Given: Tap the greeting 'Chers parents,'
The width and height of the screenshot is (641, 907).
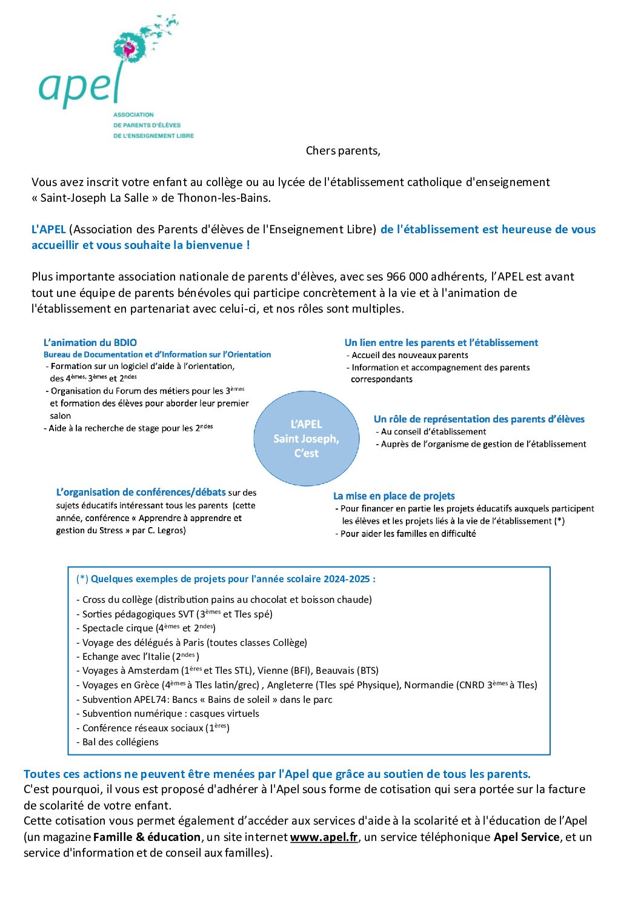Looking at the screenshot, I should [343, 151].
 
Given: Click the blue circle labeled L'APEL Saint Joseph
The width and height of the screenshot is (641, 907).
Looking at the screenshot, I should [306, 439].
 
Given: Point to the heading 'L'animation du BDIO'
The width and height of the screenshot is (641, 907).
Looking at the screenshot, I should [90, 343].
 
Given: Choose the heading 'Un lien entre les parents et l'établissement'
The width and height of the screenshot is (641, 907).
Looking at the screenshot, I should [441, 343].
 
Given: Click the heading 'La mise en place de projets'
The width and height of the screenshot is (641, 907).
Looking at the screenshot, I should [394, 496].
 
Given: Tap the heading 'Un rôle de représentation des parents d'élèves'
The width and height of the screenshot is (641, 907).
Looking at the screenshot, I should [479, 419].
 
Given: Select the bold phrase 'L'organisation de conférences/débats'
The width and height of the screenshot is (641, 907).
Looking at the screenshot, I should [141, 493].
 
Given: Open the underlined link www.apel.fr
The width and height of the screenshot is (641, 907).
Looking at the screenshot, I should [324, 837].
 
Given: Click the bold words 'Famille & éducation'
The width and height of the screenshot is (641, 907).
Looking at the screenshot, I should [147, 837].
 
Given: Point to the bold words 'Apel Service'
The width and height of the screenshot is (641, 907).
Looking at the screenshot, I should [526, 837].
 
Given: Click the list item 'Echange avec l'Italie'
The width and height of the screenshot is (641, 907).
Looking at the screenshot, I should [127, 657].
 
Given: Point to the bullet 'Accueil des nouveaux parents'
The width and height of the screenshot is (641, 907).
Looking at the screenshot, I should [410, 356].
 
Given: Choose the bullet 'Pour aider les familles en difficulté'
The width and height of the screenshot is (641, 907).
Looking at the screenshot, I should [408, 534].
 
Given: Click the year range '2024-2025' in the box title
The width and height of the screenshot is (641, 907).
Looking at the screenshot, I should [346, 579].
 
